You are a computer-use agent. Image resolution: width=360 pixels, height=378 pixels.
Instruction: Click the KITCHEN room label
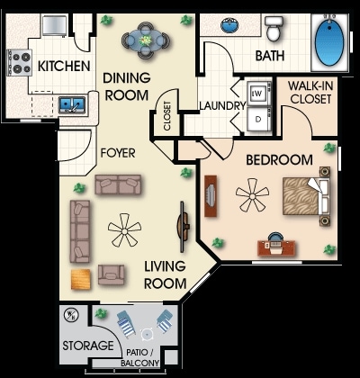point(63,66)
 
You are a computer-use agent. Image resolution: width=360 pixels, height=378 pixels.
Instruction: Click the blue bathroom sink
point(229,25)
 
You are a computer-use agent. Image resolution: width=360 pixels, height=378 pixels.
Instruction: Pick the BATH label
point(269,56)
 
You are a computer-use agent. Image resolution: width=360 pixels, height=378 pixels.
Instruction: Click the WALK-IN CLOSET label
point(311,93)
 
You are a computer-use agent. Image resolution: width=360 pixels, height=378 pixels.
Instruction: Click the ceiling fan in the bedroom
point(251,194)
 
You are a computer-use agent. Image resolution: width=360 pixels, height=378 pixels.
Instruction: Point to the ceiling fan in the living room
point(124,230)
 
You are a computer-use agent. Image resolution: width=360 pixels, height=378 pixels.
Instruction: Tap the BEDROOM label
point(278,160)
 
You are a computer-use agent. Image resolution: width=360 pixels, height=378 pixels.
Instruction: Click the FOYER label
point(117,153)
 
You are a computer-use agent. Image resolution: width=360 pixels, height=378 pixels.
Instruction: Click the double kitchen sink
point(72,105)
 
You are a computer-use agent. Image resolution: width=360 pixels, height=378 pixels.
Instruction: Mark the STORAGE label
point(87,346)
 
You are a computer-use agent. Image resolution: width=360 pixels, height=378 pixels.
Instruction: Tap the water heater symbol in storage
point(71,315)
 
